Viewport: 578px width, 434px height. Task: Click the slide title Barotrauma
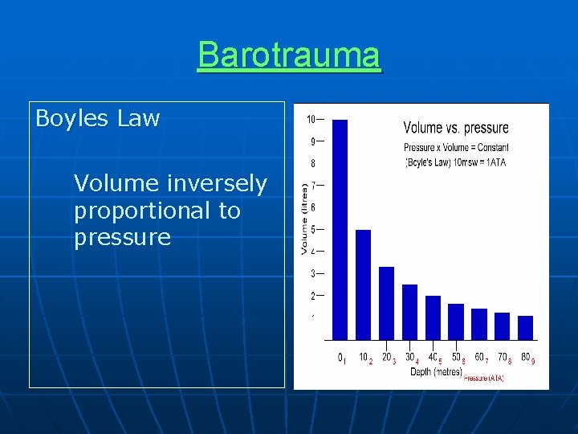[x=289, y=55]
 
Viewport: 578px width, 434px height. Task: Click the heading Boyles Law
[x=97, y=119]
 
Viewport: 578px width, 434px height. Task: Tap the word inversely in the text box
[x=216, y=183]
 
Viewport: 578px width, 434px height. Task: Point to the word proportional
[x=157, y=211]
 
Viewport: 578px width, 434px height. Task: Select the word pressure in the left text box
[x=122, y=237]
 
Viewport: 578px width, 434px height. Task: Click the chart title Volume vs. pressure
[x=455, y=128]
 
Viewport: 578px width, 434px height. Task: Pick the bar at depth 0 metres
[x=340, y=229]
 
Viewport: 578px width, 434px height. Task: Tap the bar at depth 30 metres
[x=409, y=311]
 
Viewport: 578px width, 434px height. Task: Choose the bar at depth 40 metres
[x=433, y=317]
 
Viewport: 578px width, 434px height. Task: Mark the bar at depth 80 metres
[x=525, y=327]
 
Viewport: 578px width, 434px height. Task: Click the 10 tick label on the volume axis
[x=311, y=120]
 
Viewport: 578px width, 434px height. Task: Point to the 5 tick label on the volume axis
[x=312, y=230]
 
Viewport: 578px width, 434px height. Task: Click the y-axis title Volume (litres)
[x=304, y=219]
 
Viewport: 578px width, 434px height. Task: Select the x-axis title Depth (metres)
[x=436, y=371]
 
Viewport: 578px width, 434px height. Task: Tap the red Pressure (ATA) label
[x=483, y=378]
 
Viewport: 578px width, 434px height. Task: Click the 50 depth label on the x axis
[x=456, y=357]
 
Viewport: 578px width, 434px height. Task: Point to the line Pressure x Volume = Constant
[x=455, y=147]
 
